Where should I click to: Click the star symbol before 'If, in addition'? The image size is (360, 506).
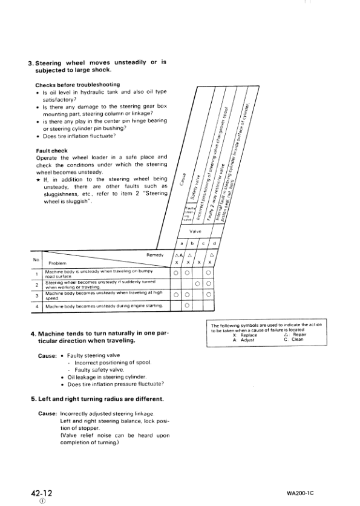coord(38,179)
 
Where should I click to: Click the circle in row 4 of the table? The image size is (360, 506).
coord(187,306)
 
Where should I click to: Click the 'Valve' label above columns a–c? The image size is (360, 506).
coord(195,249)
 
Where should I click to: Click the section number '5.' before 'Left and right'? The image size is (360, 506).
coord(34,399)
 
